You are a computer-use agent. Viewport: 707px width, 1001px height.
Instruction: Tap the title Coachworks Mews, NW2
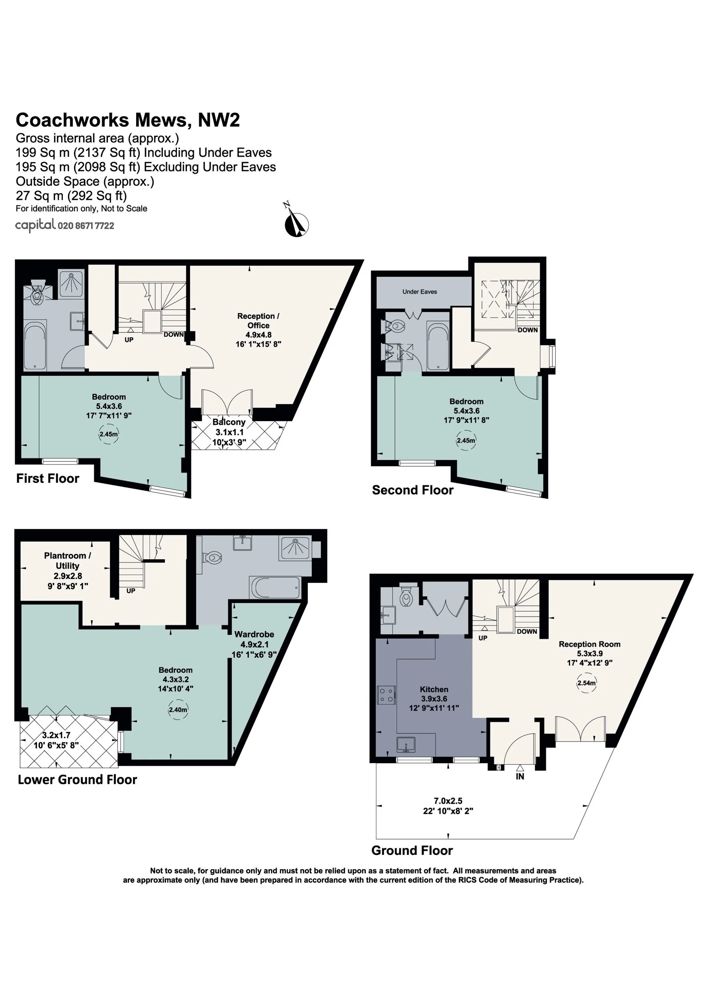point(128,120)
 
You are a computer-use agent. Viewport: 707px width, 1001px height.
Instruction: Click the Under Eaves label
point(419,291)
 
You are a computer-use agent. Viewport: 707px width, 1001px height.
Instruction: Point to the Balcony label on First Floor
point(229,422)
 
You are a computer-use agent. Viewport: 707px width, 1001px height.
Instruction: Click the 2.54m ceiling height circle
point(586,683)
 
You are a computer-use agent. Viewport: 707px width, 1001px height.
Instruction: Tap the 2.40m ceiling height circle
point(178,710)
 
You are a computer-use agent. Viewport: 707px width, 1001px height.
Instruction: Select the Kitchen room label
point(434,689)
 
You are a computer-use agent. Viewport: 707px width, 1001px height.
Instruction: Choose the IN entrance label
point(520,776)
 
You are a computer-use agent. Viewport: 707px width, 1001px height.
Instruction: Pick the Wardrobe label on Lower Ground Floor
point(254,634)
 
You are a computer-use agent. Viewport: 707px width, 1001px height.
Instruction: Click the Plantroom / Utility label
point(68,561)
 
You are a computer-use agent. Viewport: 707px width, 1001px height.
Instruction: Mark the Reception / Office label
point(258,320)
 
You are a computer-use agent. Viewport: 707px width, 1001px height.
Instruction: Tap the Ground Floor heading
point(412,850)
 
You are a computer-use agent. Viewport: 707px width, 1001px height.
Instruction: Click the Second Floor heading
point(412,490)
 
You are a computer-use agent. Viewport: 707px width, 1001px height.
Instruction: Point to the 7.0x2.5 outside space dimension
point(448,800)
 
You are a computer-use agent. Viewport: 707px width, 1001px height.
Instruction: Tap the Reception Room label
point(589,644)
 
